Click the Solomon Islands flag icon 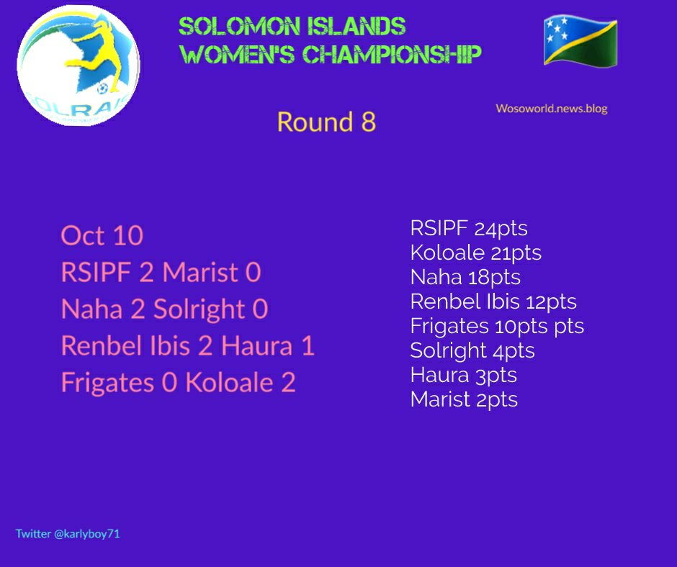[x=580, y=42]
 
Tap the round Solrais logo [x=79, y=65]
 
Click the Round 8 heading [x=326, y=122]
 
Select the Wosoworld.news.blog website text [x=552, y=109]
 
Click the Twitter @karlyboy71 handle [x=68, y=534]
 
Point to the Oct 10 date [x=102, y=235]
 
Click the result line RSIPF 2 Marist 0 [x=161, y=272]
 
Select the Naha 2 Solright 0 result [x=164, y=309]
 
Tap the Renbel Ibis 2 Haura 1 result [x=188, y=345]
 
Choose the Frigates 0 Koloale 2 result [x=179, y=383]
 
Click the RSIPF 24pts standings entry [x=469, y=229]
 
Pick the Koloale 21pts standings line [x=476, y=253]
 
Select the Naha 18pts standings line [x=465, y=278]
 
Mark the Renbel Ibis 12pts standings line [x=493, y=301]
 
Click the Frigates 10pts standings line [x=497, y=326]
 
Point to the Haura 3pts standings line [x=464, y=375]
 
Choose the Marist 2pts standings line [x=464, y=399]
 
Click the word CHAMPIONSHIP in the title [x=392, y=55]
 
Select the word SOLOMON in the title [x=240, y=27]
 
